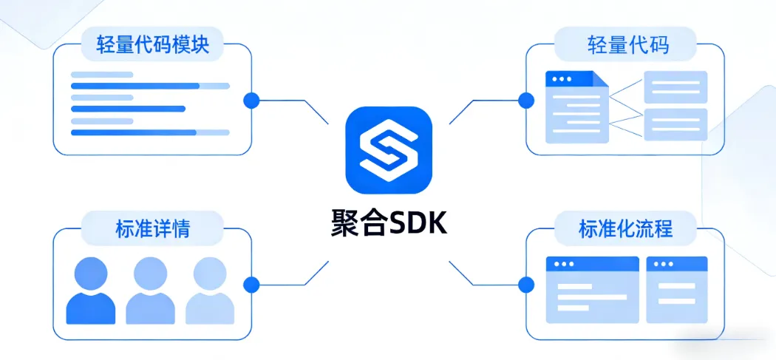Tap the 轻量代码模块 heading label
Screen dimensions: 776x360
(x=153, y=44)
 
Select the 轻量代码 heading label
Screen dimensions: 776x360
(x=627, y=44)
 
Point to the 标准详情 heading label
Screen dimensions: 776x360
(x=153, y=228)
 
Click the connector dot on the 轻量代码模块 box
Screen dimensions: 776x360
(x=251, y=100)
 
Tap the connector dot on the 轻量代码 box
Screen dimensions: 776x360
(x=526, y=100)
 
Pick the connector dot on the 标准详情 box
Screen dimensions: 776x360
(x=251, y=283)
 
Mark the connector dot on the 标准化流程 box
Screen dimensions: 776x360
(x=526, y=283)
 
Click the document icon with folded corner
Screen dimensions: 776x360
(x=576, y=106)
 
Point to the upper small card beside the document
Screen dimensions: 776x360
(x=675, y=87)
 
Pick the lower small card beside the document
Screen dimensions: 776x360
(x=675, y=124)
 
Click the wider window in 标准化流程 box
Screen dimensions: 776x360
(x=592, y=289)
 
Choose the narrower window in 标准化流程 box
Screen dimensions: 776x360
(x=676, y=289)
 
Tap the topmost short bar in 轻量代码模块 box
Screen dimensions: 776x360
(x=102, y=75)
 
